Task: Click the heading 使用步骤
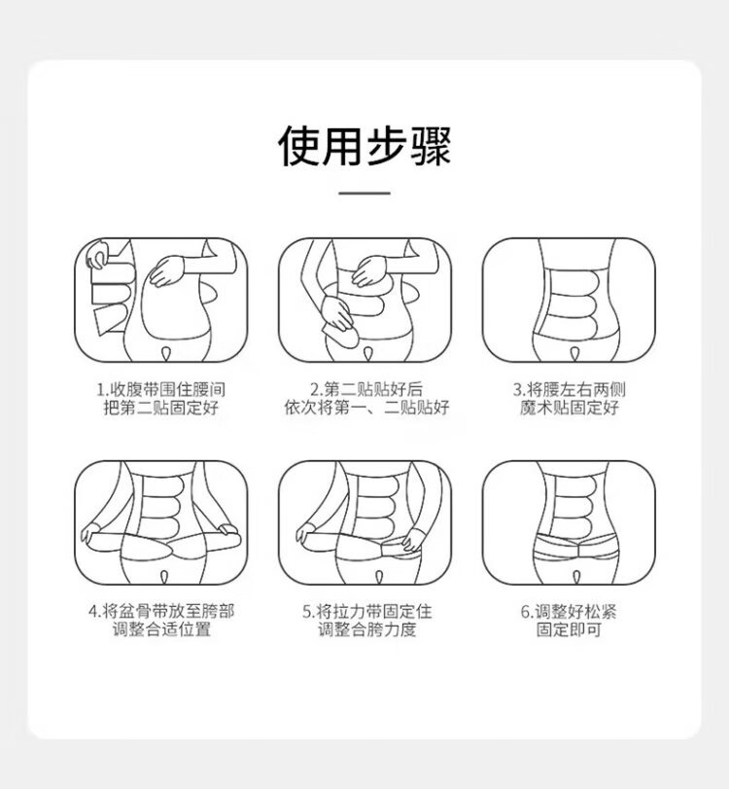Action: coord(364,146)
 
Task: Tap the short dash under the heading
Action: coord(364,193)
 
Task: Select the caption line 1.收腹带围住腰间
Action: coord(161,389)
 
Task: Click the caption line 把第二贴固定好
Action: coord(161,407)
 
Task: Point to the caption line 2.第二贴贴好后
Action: coord(366,389)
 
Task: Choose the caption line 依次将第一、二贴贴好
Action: coord(366,407)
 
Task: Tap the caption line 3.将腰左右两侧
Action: coord(570,389)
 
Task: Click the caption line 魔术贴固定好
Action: coord(570,407)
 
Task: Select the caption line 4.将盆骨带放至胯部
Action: coord(161,611)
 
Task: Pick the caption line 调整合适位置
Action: coord(161,629)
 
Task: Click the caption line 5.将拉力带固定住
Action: coord(367,611)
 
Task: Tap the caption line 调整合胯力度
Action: coord(367,629)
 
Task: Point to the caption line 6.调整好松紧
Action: coord(569,611)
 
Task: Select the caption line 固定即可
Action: coord(569,629)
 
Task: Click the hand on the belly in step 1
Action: coord(167,270)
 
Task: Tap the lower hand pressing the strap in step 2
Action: coord(338,313)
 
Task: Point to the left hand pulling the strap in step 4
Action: coord(91,532)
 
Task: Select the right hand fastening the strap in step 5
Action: coord(414,539)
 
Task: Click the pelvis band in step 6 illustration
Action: coord(576,549)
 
